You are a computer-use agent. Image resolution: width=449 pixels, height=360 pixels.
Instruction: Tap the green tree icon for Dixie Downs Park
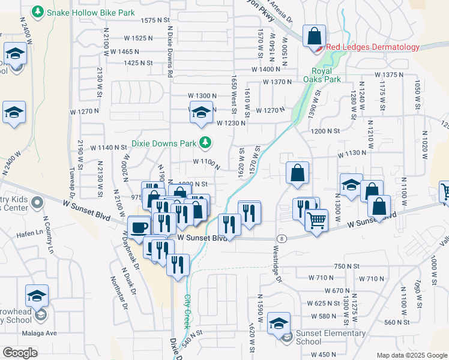206,143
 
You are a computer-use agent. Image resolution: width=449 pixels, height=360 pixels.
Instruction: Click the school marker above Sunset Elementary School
279,324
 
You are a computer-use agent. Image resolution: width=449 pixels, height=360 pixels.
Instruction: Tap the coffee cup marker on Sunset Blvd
139,227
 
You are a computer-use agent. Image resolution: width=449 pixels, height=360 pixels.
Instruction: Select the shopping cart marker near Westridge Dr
316,219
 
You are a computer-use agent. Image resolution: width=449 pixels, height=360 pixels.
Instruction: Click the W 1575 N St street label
155,20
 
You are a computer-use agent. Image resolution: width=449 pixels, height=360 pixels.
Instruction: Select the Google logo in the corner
20,352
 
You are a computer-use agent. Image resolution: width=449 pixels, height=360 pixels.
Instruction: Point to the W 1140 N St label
109,148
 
